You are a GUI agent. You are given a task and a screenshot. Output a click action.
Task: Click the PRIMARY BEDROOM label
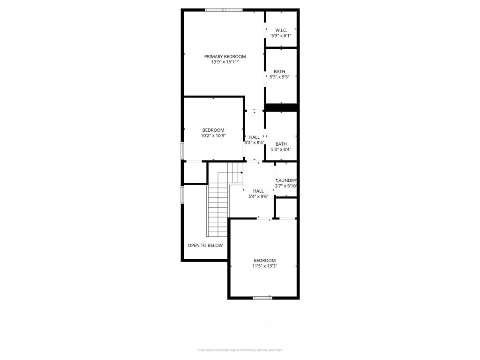(225, 57)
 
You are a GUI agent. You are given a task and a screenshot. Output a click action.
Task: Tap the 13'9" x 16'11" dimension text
(225, 62)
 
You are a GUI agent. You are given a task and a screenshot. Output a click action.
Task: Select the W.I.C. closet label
(281, 30)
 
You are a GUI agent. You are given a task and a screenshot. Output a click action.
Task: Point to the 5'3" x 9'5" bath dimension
(279, 77)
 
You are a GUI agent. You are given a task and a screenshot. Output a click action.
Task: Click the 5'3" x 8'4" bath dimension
(281, 150)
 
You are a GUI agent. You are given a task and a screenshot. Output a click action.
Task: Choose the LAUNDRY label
(286, 180)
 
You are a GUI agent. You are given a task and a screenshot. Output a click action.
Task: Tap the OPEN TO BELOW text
(205, 245)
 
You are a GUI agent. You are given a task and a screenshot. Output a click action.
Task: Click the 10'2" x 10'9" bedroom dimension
(213, 135)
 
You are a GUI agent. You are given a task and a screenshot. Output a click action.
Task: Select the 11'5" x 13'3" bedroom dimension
(265, 266)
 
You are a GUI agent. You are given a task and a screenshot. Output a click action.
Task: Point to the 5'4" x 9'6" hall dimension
(258, 196)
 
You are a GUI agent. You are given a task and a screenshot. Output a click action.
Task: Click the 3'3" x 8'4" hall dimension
(255, 142)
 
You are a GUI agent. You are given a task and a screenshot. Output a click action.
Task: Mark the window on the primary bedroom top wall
(223, 10)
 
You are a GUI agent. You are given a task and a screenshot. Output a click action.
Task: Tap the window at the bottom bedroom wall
(262, 298)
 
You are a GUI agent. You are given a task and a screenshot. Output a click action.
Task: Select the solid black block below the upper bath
(281, 107)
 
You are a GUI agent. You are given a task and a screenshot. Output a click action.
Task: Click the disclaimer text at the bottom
(240, 350)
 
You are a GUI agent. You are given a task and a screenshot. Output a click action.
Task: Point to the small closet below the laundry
(286, 208)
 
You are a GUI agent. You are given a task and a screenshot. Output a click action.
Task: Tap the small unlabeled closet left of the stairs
(195, 172)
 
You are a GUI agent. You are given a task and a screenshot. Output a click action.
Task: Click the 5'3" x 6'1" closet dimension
(281, 35)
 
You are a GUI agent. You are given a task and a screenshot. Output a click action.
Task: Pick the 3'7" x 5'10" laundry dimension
(286, 186)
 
